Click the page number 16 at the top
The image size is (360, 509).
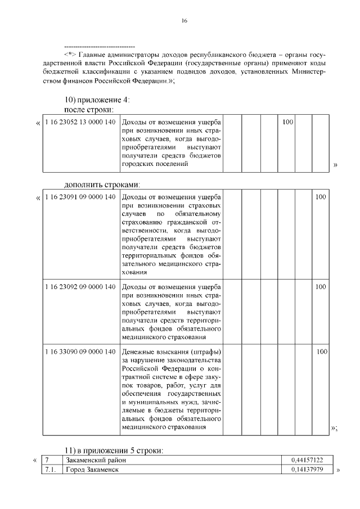[x=184, y=21]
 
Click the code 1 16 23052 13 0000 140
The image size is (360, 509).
[x=80, y=122]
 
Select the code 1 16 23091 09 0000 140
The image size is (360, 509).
[x=80, y=197]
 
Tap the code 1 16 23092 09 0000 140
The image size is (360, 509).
[x=80, y=286]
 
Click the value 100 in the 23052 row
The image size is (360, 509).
[x=287, y=122]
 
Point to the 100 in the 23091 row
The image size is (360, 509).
[x=320, y=197]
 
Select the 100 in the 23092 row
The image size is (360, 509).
[x=320, y=286]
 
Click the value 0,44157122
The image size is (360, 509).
[x=307, y=460]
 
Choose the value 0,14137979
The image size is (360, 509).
[x=307, y=470]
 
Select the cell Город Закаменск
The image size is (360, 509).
[x=92, y=470]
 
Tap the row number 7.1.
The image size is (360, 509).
[x=50, y=470]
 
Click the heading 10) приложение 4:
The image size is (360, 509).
[x=97, y=100]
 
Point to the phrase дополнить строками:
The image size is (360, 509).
[x=101, y=184]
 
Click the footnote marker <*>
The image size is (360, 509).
[x=70, y=54]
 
